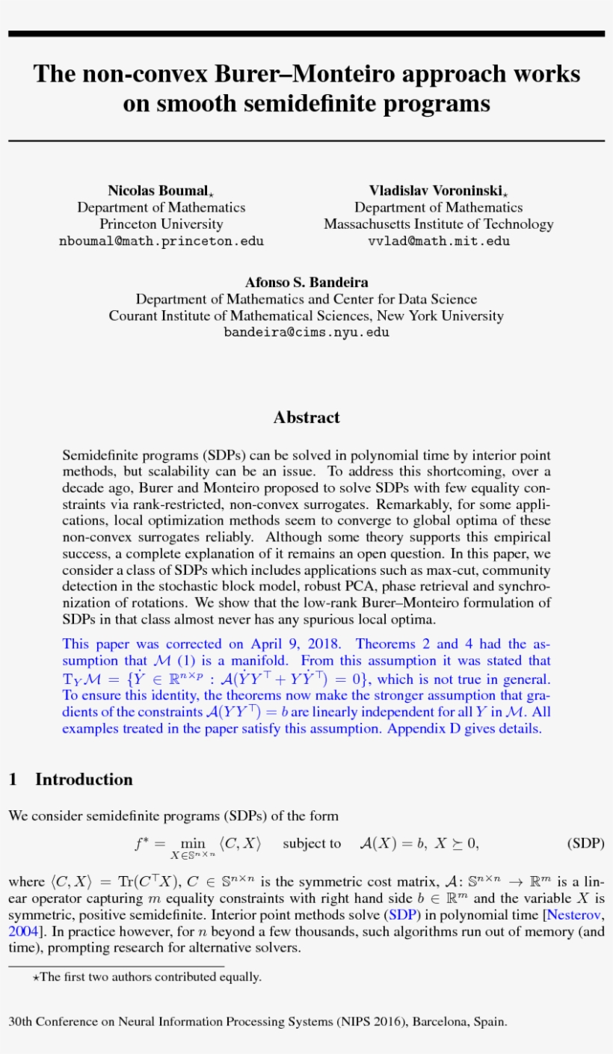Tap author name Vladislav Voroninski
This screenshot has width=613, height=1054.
[x=437, y=191]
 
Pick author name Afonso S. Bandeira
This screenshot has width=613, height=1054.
[x=306, y=283]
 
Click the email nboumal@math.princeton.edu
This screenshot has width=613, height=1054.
[x=161, y=241]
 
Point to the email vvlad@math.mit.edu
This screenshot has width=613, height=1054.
[x=439, y=241]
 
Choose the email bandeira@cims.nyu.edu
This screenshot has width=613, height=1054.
[x=306, y=332]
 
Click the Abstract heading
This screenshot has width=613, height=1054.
[x=306, y=417]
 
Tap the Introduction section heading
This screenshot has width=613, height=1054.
[x=84, y=780]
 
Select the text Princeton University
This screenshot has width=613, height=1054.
[x=161, y=224]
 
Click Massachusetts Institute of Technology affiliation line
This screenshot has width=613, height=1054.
[x=439, y=224]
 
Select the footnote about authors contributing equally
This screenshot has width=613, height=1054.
[x=150, y=976]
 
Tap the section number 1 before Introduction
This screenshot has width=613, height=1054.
[x=13, y=780]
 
